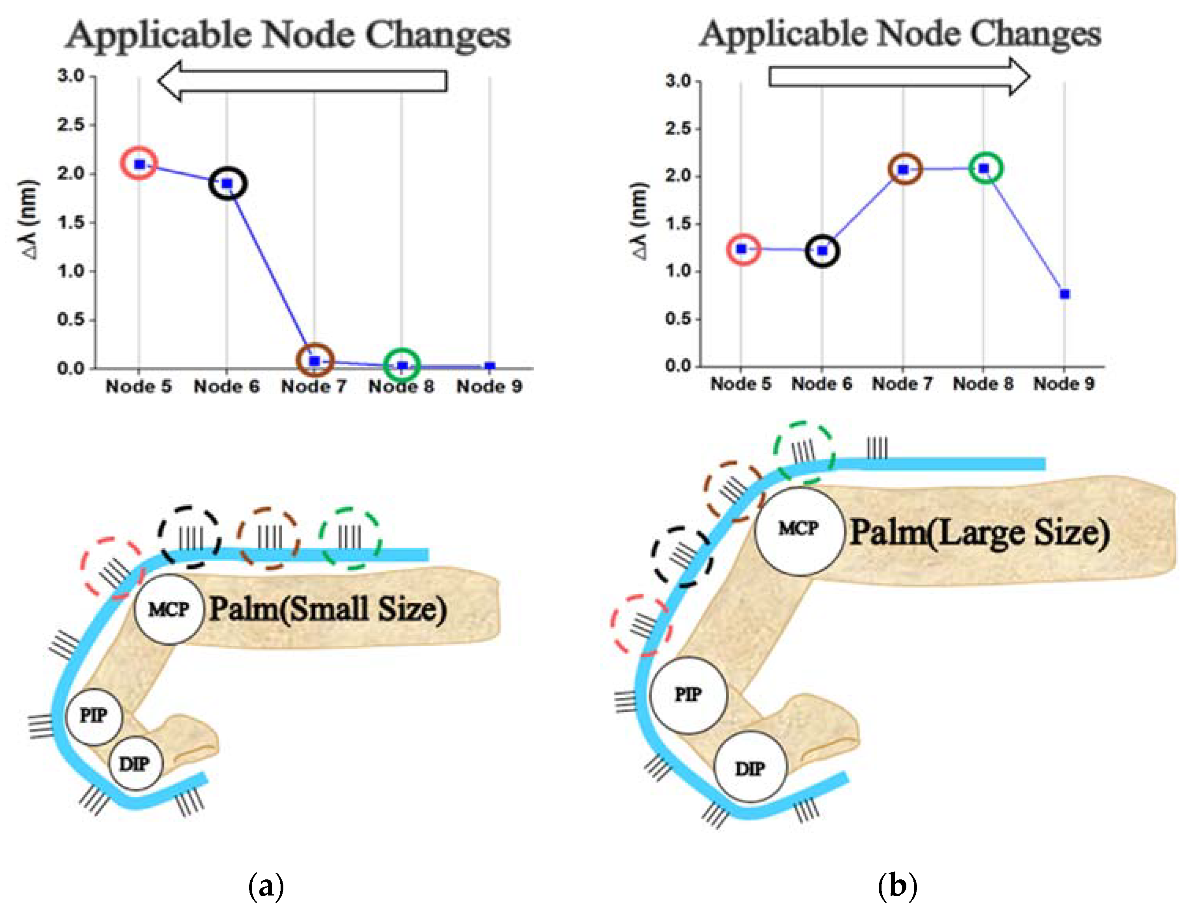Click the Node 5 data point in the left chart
point(140,164)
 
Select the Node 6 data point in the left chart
point(227,184)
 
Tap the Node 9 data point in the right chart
point(1065,294)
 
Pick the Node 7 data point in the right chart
point(903,170)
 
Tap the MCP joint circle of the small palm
point(169,609)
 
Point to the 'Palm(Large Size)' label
point(979,532)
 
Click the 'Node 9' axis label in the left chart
point(489,387)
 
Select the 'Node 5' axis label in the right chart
point(741,384)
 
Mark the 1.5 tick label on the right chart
point(679,224)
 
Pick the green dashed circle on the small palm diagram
point(350,538)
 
